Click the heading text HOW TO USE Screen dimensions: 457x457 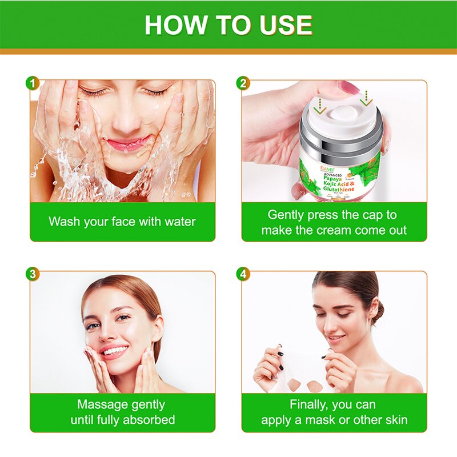coord(228,25)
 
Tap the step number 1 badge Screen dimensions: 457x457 coord(33,83)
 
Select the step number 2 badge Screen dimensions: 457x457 coord(243,83)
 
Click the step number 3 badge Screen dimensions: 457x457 coord(33,274)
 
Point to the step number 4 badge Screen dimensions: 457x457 coord(243,274)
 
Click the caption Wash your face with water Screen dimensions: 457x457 coord(122,222)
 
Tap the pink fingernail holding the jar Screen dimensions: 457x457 coord(348,87)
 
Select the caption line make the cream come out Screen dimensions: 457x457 coord(334,230)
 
